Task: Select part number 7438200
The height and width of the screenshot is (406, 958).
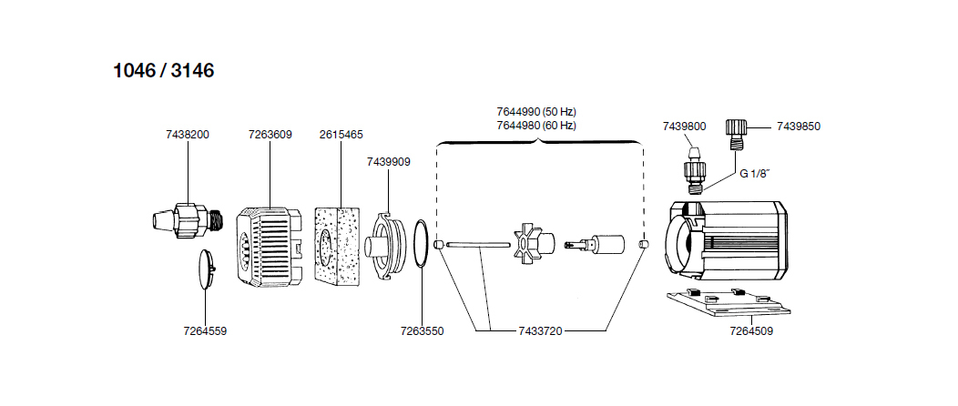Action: point(188,135)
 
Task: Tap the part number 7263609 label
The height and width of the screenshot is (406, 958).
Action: point(270,135)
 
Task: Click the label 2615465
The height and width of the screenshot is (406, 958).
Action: point(341,135)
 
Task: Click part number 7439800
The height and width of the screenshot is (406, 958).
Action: point(684,127)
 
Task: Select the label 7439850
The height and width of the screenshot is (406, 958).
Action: point(799,127)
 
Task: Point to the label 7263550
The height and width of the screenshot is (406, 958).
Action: point(422,331)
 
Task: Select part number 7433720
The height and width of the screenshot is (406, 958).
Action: point(540,331)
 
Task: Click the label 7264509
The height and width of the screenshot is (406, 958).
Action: point(751,331)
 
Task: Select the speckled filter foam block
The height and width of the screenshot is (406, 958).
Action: point(339,244)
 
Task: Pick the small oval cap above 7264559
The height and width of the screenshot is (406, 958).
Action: point(206,269)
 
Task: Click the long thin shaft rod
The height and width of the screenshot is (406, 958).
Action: point(480,244)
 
